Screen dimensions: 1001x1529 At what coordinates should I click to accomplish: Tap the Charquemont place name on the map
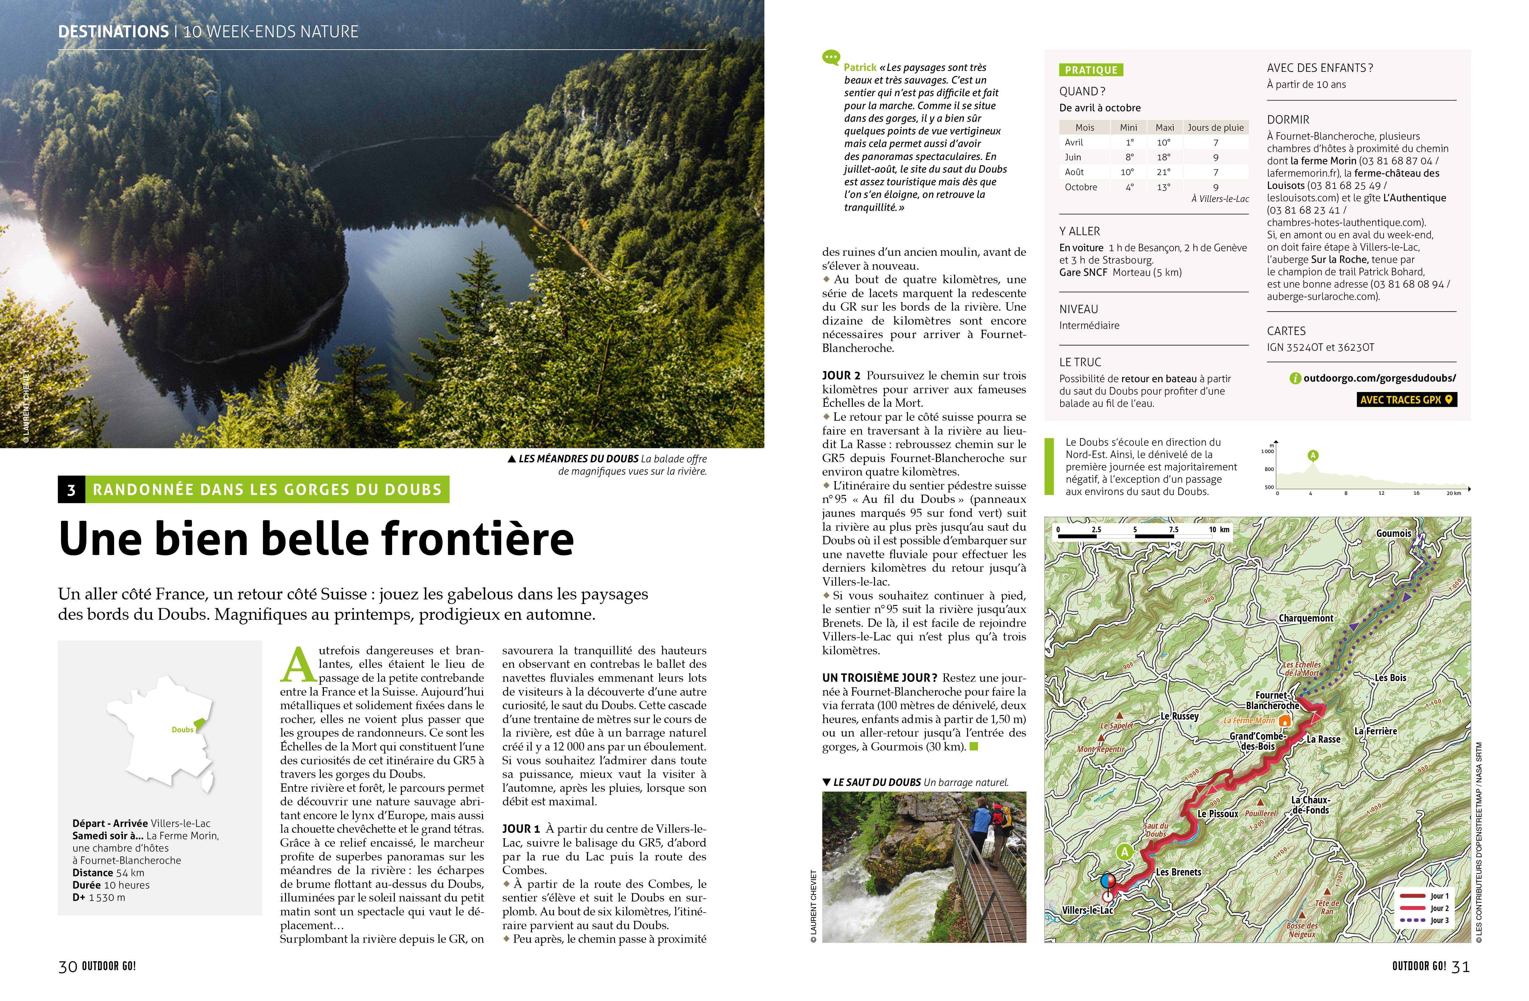1306,618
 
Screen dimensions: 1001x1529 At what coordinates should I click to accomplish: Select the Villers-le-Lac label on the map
1088,910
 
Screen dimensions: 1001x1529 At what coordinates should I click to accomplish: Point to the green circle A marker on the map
1124,852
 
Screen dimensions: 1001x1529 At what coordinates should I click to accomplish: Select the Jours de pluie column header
1216,127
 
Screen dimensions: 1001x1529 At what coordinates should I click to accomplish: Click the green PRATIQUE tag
1091,70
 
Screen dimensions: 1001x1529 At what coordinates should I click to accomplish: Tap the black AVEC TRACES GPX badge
1406,400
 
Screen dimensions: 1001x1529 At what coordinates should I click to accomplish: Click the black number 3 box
71,490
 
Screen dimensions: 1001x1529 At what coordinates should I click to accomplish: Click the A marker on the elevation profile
1313,456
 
